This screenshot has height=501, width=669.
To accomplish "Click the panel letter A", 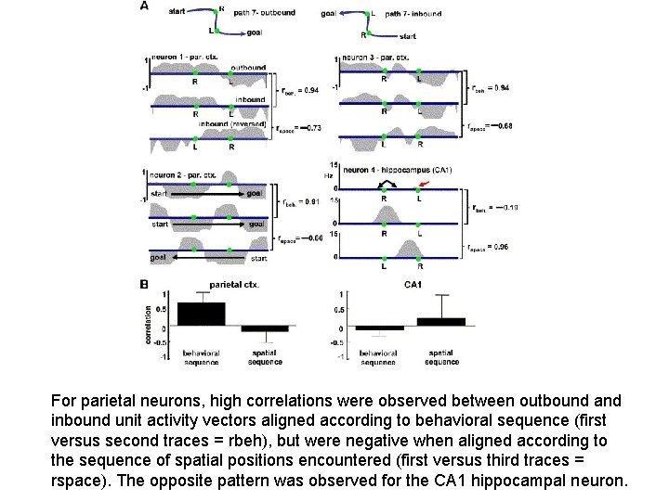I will click(144, 6).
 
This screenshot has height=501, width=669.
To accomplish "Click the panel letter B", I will click(144, 284).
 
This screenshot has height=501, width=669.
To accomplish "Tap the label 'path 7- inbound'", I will click(413, 14).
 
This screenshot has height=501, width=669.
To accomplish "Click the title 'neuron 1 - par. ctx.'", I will click(190, 58).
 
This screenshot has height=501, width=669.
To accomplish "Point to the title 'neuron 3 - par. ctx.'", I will click(375, 58).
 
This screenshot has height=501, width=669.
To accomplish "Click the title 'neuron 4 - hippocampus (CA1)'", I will click(397, 170).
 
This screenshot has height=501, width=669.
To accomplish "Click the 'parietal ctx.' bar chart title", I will click(234, 285).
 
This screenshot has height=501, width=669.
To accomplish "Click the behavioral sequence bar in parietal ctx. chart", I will click(201, 315).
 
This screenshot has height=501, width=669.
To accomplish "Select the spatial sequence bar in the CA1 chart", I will click(440, 322).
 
